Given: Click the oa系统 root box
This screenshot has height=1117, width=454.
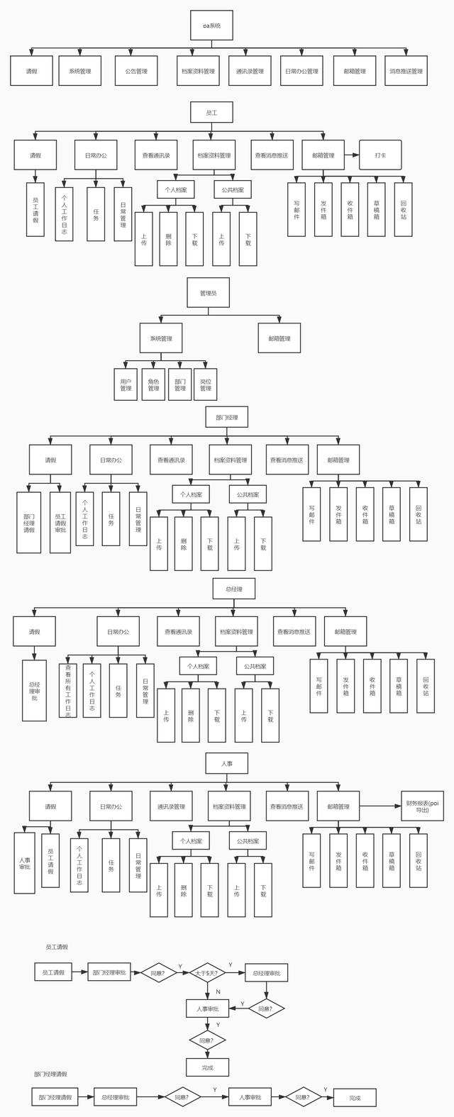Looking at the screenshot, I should (x=211, y=26).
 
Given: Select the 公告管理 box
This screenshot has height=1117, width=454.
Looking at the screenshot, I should (x=136, y=71).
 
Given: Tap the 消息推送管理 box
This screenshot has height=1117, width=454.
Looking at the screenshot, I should (x=406, y=71).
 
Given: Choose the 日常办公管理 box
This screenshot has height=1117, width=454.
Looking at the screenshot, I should (x=301, y=71).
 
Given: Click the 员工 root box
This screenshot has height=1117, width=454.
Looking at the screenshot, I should (x=211, y=113).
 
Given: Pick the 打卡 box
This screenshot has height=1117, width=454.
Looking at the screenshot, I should (x=380, y=155).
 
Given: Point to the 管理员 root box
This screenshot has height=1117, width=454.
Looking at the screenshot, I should (x=208, y=292).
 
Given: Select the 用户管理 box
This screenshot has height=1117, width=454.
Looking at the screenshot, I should (x=126, y=384).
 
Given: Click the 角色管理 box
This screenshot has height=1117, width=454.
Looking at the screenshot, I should (x=153, y=384).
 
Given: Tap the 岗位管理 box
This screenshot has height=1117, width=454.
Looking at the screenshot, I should (x=206, y=384).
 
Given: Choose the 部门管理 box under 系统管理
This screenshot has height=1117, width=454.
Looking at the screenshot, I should (x=179, y=384).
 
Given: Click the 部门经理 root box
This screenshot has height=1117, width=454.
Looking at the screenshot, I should (x=226, y=417).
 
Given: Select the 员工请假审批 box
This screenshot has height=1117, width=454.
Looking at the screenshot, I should (x=60, y=523).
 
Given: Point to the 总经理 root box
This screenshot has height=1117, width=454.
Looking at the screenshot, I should (x=233, y=589).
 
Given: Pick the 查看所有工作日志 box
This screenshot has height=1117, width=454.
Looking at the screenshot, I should (x=68, y=690).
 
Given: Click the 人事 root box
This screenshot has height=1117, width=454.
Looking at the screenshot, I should (x=226, y=764).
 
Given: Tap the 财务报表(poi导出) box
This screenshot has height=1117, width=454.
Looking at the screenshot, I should (x=423, y=806).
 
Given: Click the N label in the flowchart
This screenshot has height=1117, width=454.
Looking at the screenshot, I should (x=218, y=991).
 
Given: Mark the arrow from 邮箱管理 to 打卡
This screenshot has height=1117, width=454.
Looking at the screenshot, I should (x=351, y=155).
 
